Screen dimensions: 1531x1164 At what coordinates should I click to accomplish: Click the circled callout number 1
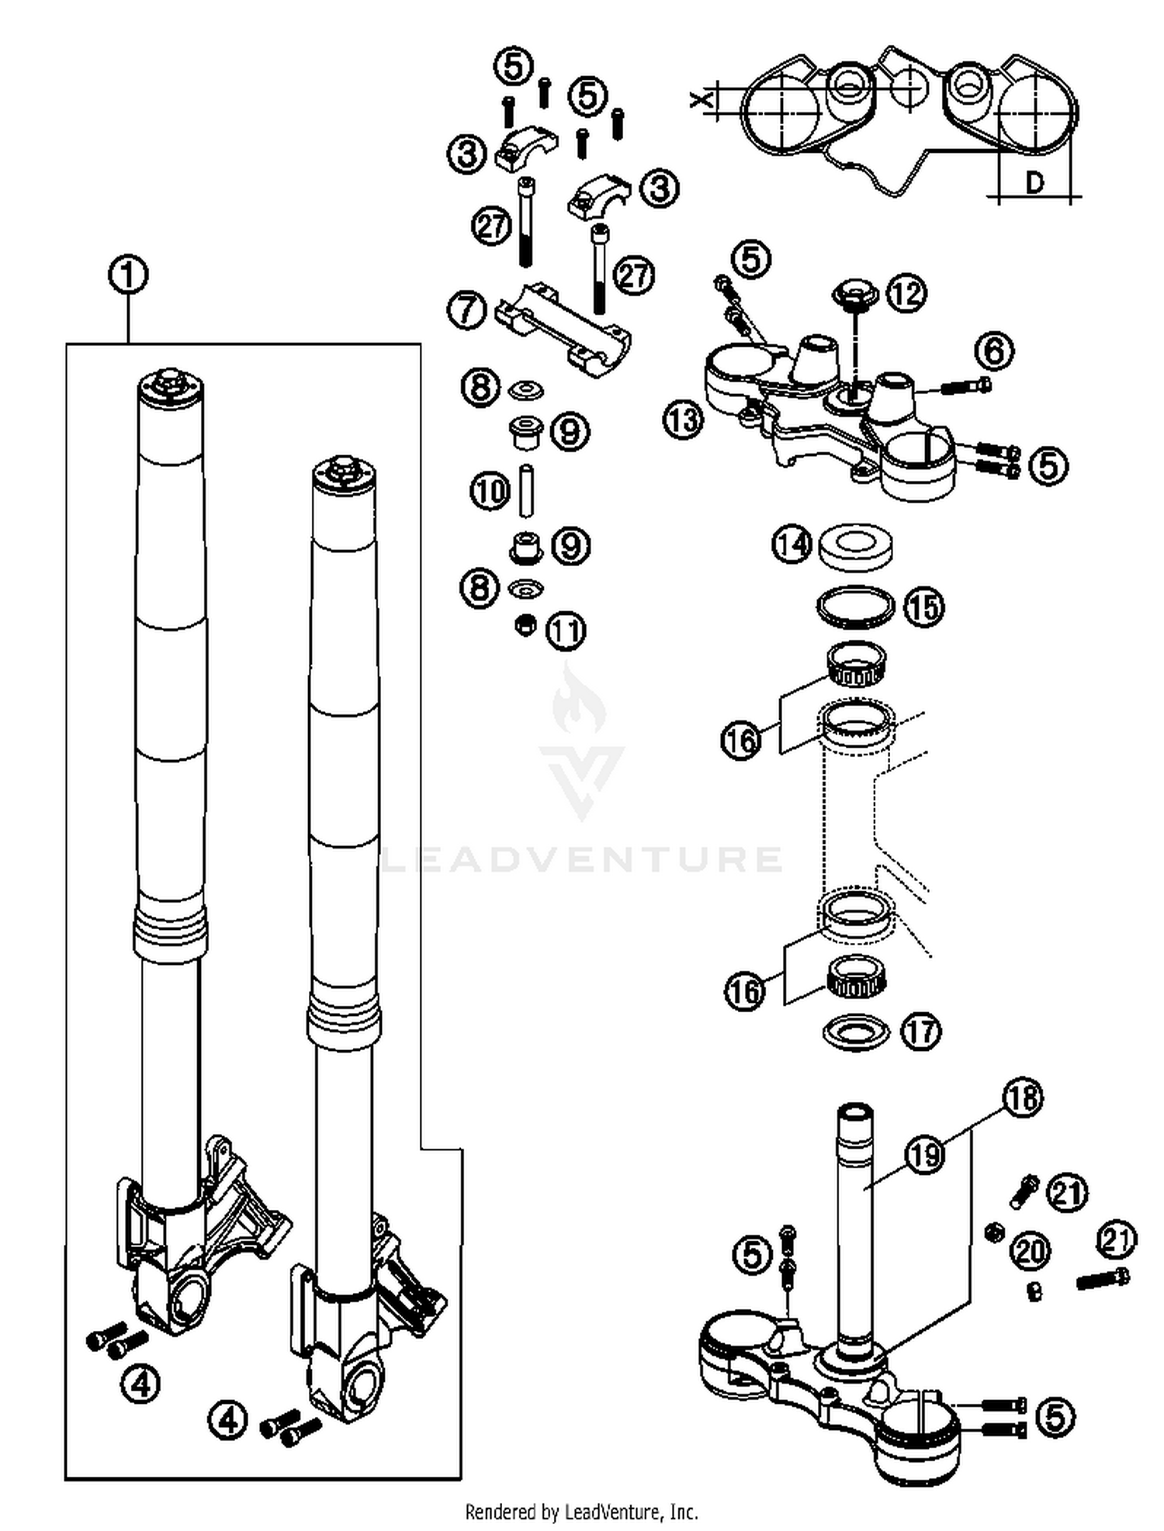pyautogui.click(x=129, y=275)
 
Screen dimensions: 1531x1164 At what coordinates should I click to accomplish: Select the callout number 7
pyautogui.click(x=467, y=310)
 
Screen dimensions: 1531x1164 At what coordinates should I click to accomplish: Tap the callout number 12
pyautogui.click(x=906, y=293)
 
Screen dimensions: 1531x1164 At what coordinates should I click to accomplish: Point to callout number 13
pyautogui.click(x=683, y=420)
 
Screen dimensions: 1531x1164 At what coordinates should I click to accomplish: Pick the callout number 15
pyautogui.click(x=923, y=607)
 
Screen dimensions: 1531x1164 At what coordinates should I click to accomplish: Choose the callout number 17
pyautogui.click(x=921, y=1032)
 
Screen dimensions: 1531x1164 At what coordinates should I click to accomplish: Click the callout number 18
pyautogui.click(x=1024, y=1097)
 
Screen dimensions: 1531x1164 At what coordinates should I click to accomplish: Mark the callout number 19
pyautogui.click(x=923, y=1155)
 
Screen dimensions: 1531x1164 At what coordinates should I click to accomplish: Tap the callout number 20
pyautogui.click(x=1031, y=1251)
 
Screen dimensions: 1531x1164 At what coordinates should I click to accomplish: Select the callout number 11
pyautogui.click(x=566, y=631)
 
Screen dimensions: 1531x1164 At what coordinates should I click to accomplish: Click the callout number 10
pyautogui.click(x=490, y=491)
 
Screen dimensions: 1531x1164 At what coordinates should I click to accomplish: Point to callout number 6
pyautogui.click(x=994, y=351)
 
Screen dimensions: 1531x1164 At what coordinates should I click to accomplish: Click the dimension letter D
pyautogui.click(x=1034, y=183)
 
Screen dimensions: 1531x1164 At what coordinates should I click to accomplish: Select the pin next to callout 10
pyautogui.click(x=527, y=490)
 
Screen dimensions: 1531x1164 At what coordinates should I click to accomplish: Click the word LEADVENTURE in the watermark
pyautogui.click(x=582, y=859)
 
